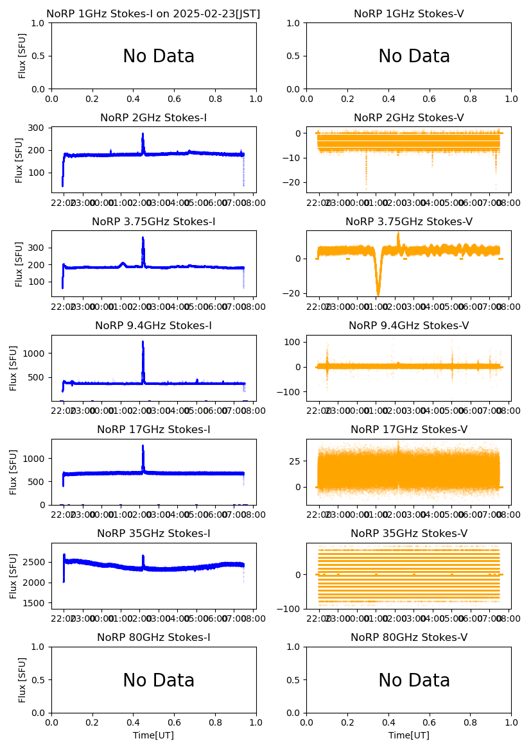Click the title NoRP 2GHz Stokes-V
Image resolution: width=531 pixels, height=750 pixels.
coord(408,117)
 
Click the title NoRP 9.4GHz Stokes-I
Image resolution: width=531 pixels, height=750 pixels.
coord(153,325)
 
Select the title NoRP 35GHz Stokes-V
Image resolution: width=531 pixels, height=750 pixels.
coord(408,533)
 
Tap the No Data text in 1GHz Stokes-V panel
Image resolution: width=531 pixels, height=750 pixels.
coord(414,56)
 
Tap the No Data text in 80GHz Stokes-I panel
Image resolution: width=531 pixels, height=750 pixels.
coord(159,681)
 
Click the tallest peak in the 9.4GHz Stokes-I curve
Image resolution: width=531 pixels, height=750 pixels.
coord(143,341)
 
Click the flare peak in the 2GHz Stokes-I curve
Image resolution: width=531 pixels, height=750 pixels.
coord(143,134)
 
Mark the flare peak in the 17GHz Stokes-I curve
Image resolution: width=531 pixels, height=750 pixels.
coord(143,446)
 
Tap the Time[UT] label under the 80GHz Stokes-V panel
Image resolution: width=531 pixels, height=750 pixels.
coord(408,735)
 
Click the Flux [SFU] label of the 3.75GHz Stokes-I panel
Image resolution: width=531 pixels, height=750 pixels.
coord(19,264)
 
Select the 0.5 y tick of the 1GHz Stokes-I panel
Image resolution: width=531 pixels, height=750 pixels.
coord(40,56)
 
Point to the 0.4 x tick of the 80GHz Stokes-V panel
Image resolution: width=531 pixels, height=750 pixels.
coord(388,722)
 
